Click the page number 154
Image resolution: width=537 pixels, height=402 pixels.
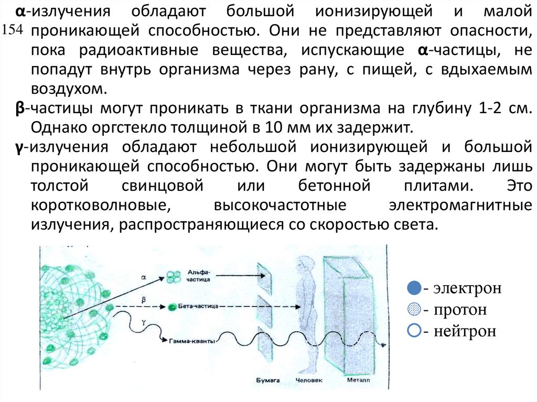pyautogui.click(x=13, y=30)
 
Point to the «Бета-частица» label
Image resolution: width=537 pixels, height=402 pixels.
pyautogui.click(x=200, y=306)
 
